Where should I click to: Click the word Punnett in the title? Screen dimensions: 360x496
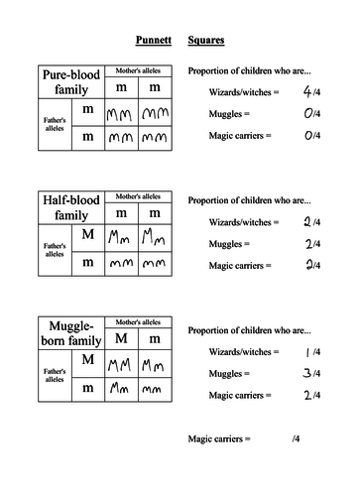click(151, 42)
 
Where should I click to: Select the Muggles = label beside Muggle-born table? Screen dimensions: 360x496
click(230, 373)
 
